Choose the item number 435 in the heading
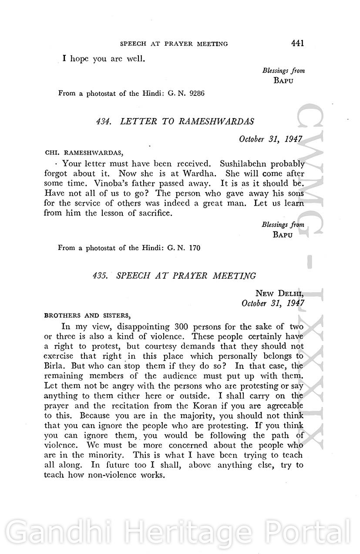(100, 276)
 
